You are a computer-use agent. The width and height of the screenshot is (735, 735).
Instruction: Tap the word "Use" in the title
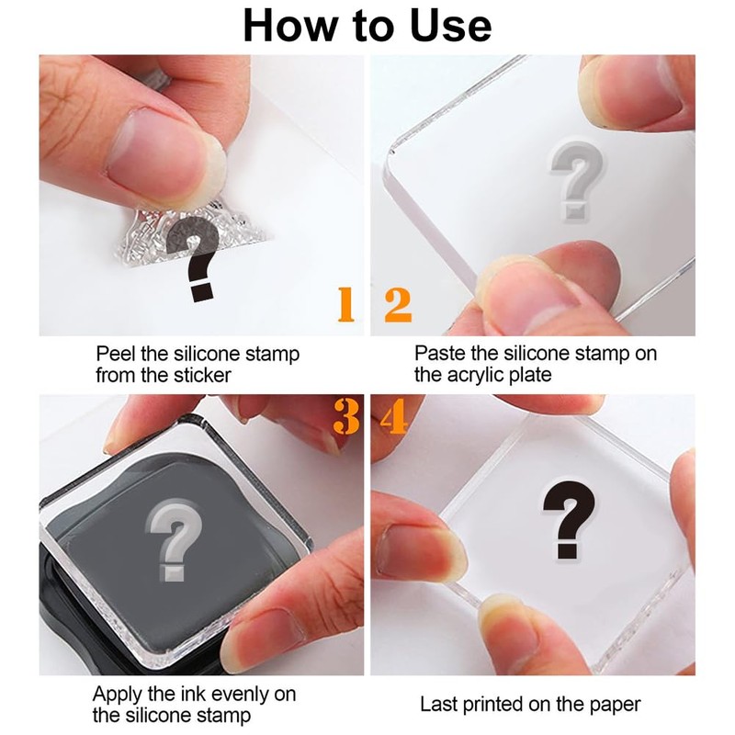click(450, 26)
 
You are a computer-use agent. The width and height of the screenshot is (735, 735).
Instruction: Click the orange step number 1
click(346, 305)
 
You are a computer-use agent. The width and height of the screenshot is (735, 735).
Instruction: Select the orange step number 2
click(398, 305)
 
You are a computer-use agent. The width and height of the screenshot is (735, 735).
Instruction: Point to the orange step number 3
click(346, 416)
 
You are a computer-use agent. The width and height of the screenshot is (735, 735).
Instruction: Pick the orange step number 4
click(394, 416)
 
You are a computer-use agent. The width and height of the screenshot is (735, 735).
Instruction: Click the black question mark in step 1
click(195, 259)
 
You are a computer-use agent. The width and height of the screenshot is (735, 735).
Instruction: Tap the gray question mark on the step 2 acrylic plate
click(577, 181)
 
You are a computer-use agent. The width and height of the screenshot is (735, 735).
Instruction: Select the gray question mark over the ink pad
click(174, 540)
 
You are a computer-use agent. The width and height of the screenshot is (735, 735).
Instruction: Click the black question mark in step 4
click(569, 520)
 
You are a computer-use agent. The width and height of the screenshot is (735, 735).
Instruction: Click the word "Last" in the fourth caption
click(438, 705)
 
